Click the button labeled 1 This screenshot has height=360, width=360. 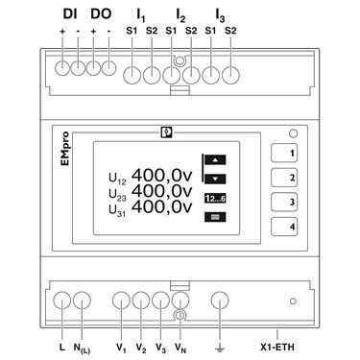point(284,153)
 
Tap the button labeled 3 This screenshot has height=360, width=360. point(284,202)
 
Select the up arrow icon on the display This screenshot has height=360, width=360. point(215,159)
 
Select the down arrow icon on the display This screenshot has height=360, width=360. point(215,179)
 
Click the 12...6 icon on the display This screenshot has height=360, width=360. point(215,199)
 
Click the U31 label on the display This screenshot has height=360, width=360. point(117,210)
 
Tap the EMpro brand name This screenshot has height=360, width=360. point(65,149)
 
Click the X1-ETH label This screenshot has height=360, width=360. point(277,347)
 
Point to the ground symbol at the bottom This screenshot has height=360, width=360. point(220,348)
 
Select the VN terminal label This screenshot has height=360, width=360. point(180,348)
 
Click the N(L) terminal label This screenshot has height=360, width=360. point(82,348)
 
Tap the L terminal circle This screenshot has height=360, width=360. point(61,300)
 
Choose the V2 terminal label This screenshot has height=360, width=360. point(141,348)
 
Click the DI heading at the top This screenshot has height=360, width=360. point(70,13)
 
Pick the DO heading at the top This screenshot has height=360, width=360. point(101,13)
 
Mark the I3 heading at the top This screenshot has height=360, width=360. point(220,15)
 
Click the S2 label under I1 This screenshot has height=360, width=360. point(152,31)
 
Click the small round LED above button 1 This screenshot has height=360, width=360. point(293,133)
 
